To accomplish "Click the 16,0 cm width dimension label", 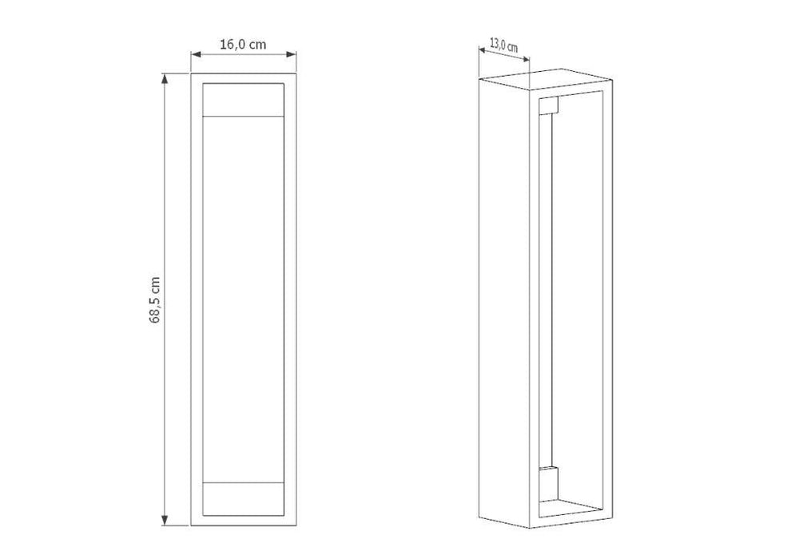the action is point(243,45).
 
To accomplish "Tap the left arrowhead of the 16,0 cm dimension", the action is point(197,54).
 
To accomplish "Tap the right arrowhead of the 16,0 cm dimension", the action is point(291,54).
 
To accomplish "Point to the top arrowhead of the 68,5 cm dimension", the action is point(165,78).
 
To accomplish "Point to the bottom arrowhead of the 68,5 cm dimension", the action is point(165,520).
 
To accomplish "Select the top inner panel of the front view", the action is point(243,100).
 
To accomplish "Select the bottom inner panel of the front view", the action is point(243,499).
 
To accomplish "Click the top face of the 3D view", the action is point(546,78).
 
